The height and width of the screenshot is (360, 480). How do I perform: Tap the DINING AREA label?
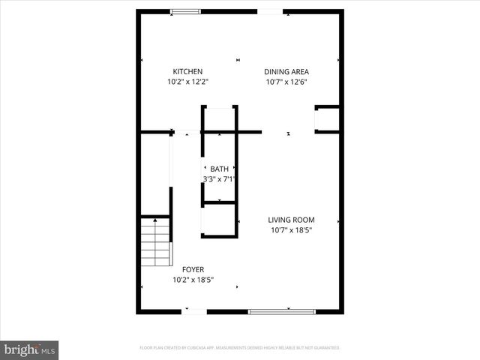[286, 72]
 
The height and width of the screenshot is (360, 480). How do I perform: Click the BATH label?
[219, 169]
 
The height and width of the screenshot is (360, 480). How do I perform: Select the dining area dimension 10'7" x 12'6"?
[286, 82]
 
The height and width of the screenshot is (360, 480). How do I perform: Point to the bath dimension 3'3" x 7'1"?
[219, 179]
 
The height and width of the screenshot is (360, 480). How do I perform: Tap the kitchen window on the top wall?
[185, 11]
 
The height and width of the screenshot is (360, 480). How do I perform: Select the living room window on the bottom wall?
[282, 310]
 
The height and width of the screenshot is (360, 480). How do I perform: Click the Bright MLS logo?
[29, 349]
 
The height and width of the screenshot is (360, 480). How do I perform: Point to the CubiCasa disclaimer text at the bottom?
[240, 348]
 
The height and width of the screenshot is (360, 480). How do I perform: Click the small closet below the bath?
[219, 220]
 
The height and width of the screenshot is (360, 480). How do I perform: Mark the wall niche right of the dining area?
[327, 119]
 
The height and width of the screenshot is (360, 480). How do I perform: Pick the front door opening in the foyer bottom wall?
[196, 310]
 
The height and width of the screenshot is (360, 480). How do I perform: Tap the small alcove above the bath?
[219, 119]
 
